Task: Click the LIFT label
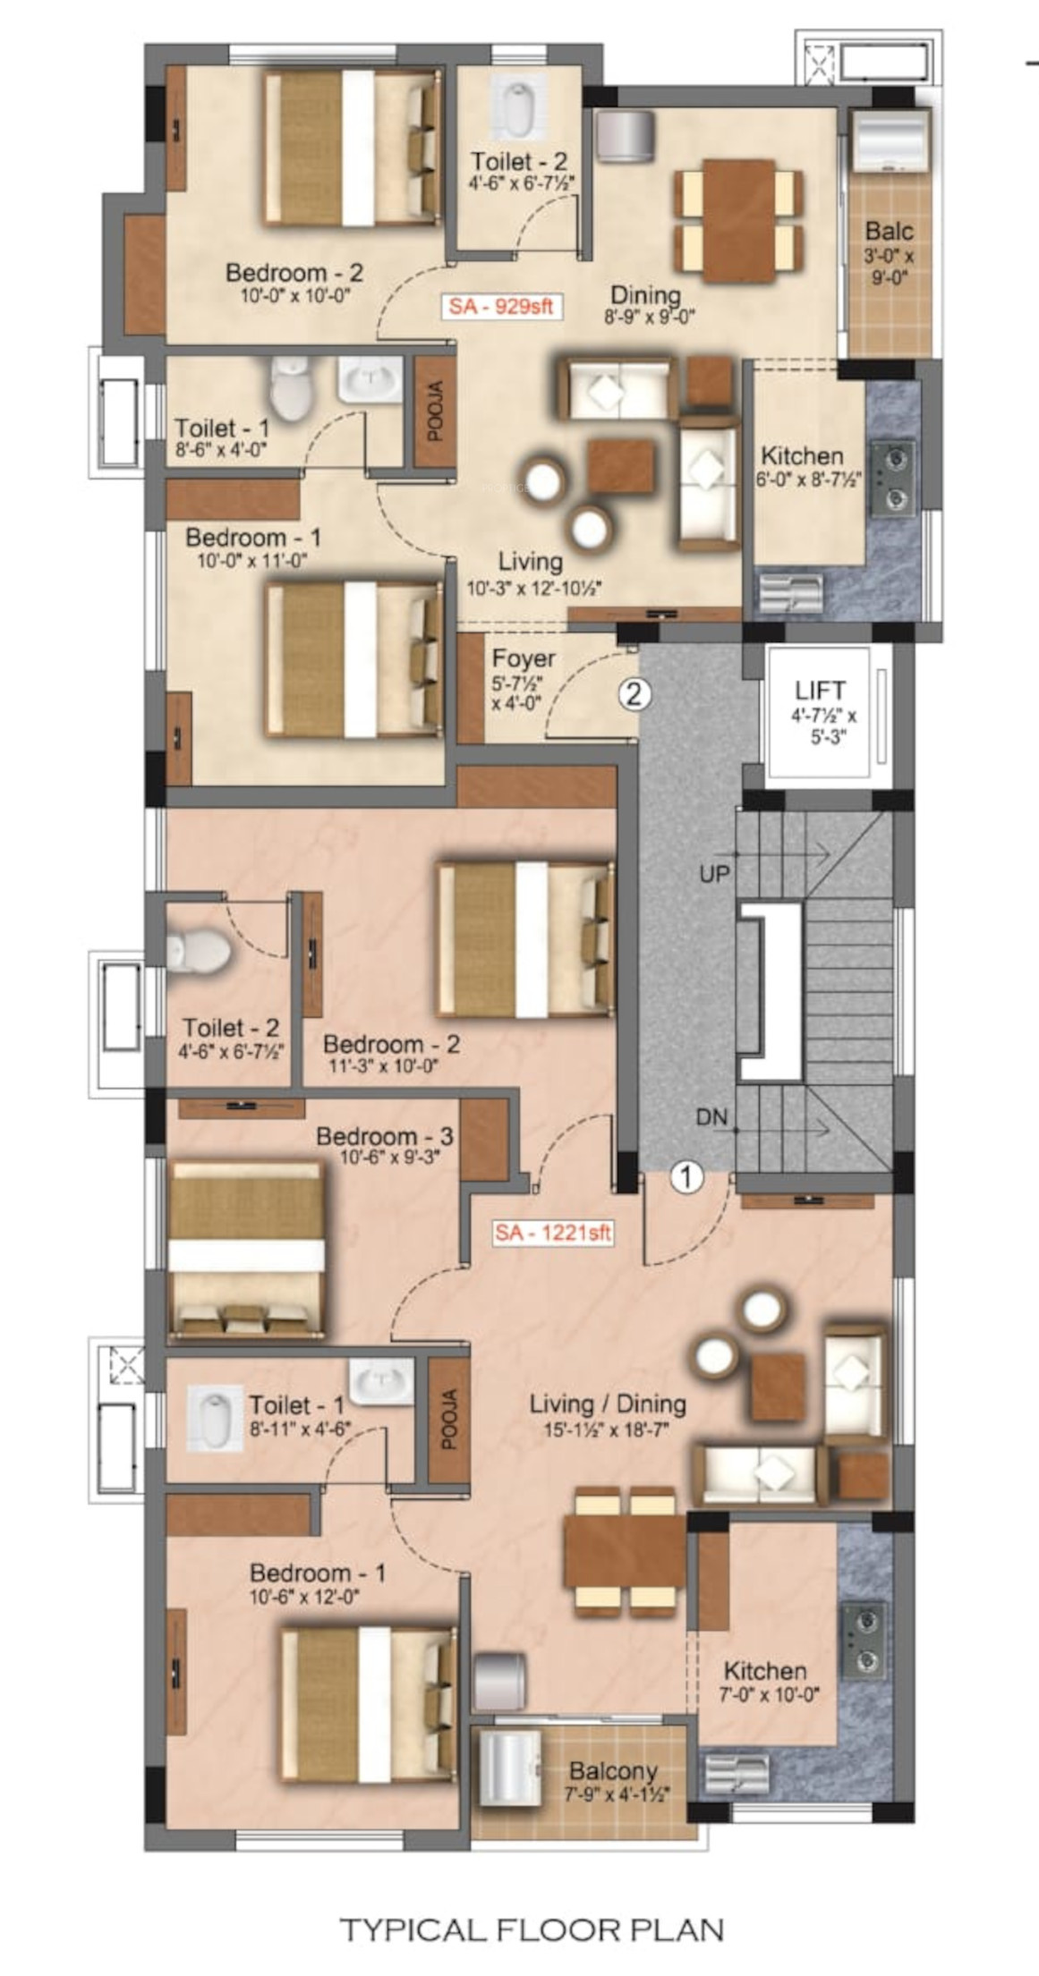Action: coord(820,691)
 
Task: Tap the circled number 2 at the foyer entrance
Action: coord(634,693)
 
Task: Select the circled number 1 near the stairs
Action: coord(686,1177)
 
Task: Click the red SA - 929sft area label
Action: coord(501,306)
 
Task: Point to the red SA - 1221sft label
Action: coord(554,1233)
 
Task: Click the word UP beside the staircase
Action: coord(715,874)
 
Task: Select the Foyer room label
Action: coord(524,659)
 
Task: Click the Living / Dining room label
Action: coord(608,1404)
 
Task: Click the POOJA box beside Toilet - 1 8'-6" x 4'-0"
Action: coord(436,411)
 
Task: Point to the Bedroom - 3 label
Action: coord(385,1136)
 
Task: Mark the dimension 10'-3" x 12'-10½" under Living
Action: coord(533,589)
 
